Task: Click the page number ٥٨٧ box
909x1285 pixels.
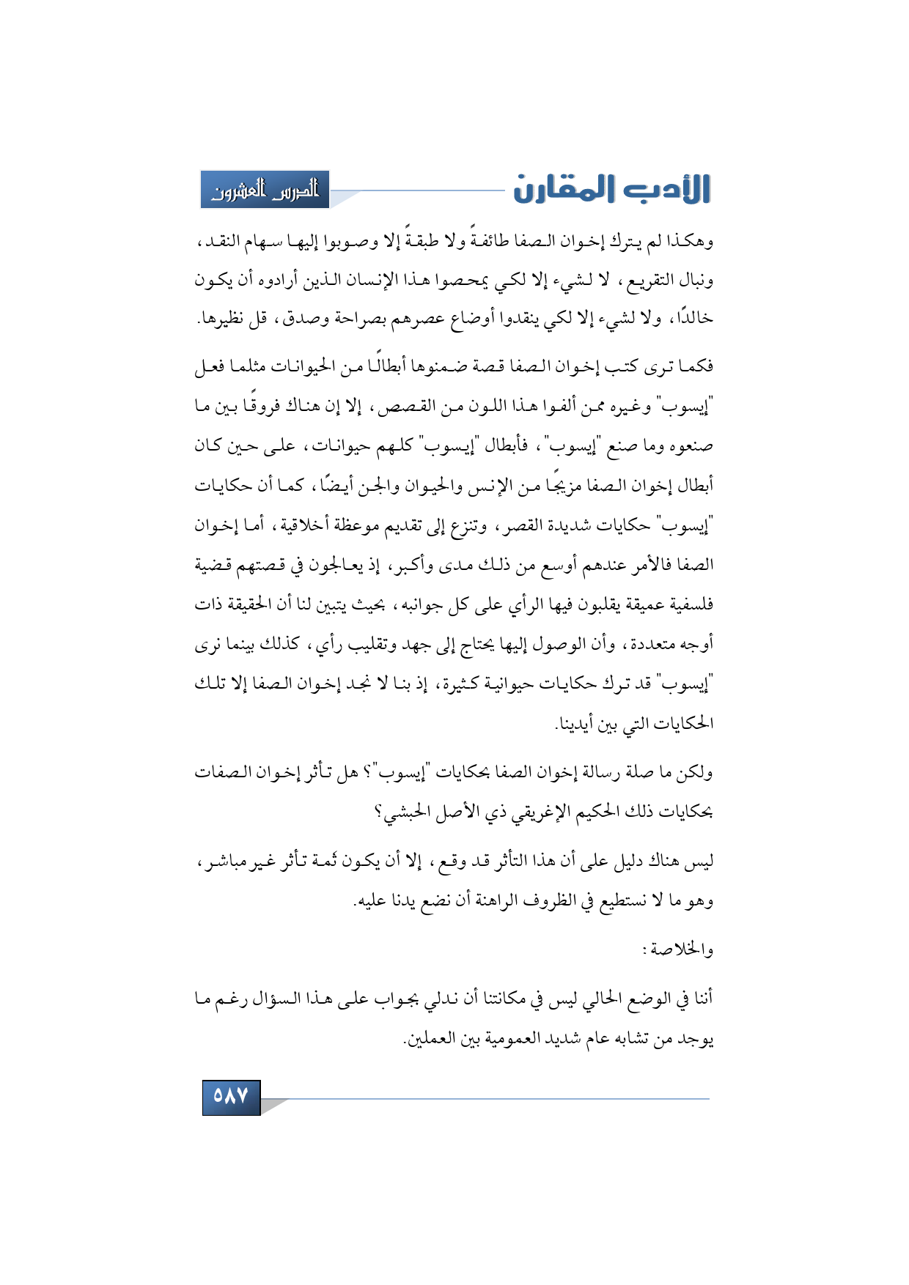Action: click(231, 1097)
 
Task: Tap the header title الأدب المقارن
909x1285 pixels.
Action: click(611, 189)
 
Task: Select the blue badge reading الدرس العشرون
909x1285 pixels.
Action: click(265, 190)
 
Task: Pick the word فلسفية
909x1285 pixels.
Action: click(688, 604)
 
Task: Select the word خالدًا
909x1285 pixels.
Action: click(693, 319)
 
